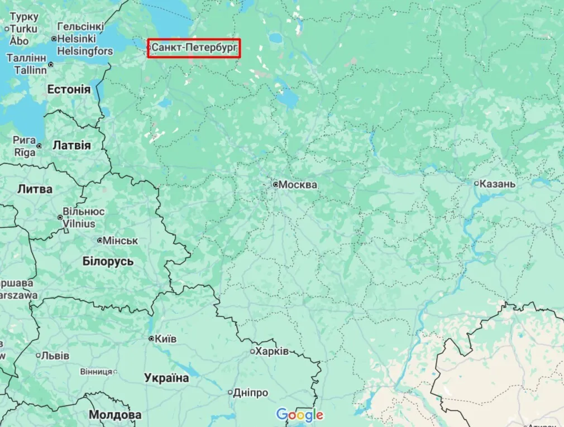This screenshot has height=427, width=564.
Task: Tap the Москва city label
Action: point(298,185)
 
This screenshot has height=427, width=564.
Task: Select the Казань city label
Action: point(498,183)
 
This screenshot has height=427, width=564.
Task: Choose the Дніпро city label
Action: point(251,392)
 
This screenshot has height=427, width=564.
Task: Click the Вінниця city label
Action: point(95,371)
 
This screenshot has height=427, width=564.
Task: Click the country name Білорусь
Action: point(108,261)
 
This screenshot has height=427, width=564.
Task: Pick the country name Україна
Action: point(166,378)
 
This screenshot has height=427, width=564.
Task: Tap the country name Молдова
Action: point(115,415)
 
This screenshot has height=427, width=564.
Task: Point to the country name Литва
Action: point(35,189)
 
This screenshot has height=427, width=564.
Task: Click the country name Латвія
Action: point(71,145)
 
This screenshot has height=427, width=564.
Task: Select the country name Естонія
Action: point(69,89)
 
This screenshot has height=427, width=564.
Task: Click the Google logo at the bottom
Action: point(300,415)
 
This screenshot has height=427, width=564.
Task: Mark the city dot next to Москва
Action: point(275,184)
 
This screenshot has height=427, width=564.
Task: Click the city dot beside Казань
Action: point(476,183)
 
